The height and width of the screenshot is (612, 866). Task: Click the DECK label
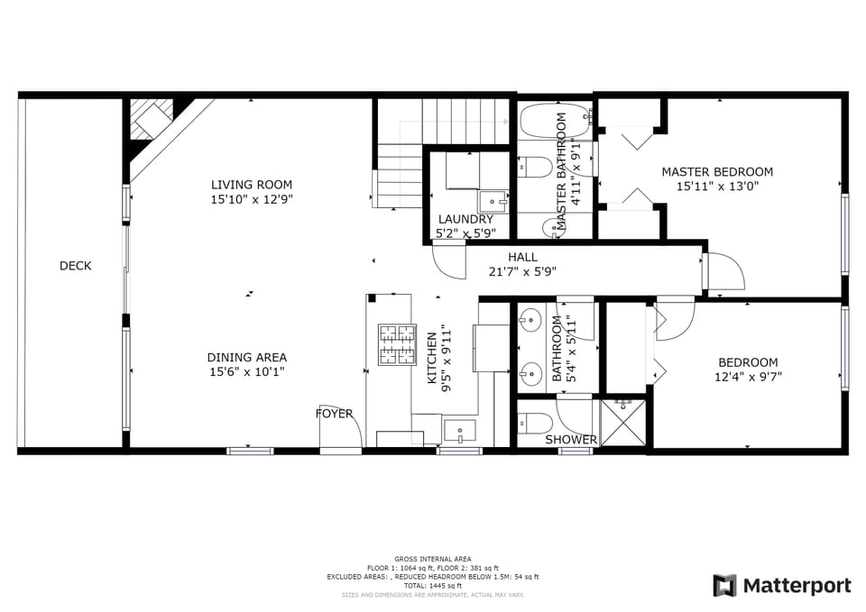tap(76, 266)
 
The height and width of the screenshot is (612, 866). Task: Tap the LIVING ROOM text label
tap(252, 185)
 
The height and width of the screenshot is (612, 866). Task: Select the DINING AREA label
tap(246, 358)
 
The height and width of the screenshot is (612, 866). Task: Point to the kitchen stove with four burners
tap(396, 343)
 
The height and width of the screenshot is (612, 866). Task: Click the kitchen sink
tap(459, 430)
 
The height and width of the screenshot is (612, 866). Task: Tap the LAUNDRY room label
tap(465, 219)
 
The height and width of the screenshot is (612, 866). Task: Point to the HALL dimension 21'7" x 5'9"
tap(522, 271)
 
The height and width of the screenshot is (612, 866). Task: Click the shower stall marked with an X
tap(624, 423)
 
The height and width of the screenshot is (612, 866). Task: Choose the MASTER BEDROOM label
tap(717, 172)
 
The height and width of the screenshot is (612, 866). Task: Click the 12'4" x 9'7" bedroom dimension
tap(748, 378)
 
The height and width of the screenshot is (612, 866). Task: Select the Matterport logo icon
tap(724, 586)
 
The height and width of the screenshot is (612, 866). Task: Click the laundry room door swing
tap(447, 262)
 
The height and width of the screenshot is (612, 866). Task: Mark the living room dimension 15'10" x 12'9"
tap(252, 199)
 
